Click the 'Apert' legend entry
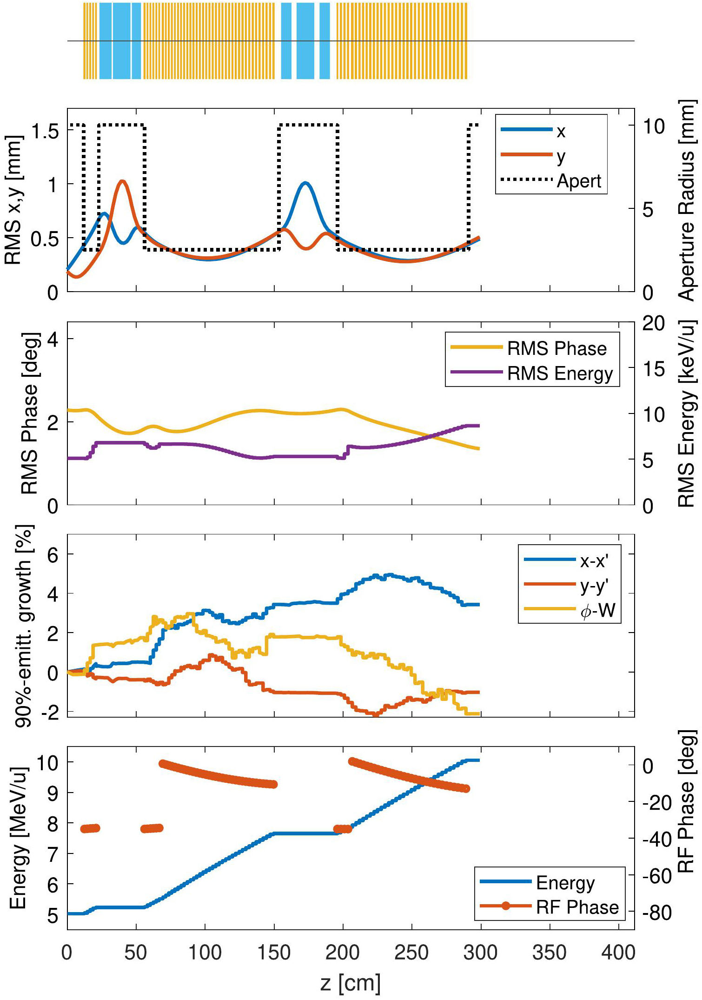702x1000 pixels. tap(579, 181)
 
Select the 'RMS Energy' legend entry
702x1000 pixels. tap(560, 373)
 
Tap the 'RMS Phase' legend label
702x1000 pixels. tap(556, 348)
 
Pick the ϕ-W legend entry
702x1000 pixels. tap(598, 610)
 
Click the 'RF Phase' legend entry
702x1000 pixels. tap(577, 907)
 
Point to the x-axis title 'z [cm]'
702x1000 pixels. tap(351, 983)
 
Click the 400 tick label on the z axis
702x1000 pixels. tap(618, 953)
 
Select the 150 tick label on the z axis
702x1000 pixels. tap(274, 953)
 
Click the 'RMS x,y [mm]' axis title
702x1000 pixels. tap(13, 200)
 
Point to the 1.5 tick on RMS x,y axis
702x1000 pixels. tap(45, 132)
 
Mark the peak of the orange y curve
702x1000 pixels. tap(122, 181)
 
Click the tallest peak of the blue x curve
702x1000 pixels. tap(305, 183)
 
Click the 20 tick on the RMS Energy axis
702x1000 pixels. tap(654, 323)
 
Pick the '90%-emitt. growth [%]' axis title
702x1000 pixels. tap(23, 626)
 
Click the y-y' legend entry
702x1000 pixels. tap(594, 585)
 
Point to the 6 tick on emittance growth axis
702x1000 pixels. tap(53, 555)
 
